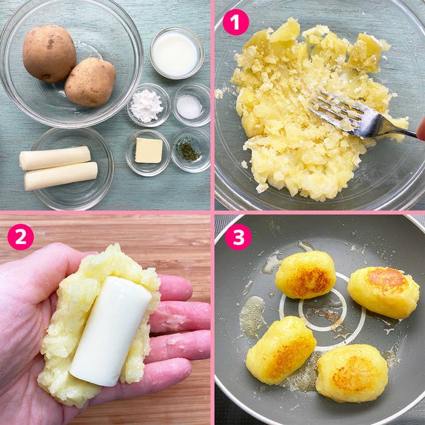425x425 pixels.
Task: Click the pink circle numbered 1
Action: pyautogui.click(x=236, y=22)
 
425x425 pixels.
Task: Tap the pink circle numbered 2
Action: pyautogui.click(x=21, y=237)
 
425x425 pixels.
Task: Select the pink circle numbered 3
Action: pyautogui.click(x=238, y=237)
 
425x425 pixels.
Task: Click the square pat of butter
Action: pyautogui.click(x=149, y=151)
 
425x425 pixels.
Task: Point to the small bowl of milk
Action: pyautogui.click(x=177, y=53)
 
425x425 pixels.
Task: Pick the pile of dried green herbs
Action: pyautogui.click(x=188, y=149)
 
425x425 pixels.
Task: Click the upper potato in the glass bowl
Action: pyautogui.click(x=49, y=53)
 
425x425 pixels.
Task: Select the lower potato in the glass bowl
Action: pyautogui.click(x=90, y=82)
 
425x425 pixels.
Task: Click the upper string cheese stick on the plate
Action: pyautogui.click(x=55, y=158)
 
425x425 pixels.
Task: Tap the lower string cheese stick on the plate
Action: pyautogui.click(x=61, y=176)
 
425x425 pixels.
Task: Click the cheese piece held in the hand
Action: pyautogui.click(x=110, y=331)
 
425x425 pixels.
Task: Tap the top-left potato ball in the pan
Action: pyautogui.click(x=305, y=274)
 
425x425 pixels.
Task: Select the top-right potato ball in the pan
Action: pyautogui.click(x=383, y=292)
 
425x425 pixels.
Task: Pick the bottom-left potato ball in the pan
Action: pyautogui.click(x=280, y=350)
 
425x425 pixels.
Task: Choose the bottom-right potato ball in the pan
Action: pyautogui.click(x=352, y=373)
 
